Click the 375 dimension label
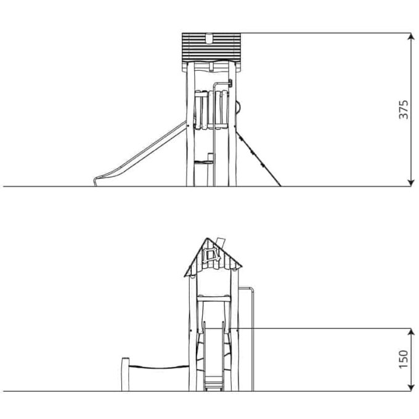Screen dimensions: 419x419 pos(403,109)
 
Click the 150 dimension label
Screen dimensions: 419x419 pos(403,359)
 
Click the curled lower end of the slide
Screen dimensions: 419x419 pos(96,181)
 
